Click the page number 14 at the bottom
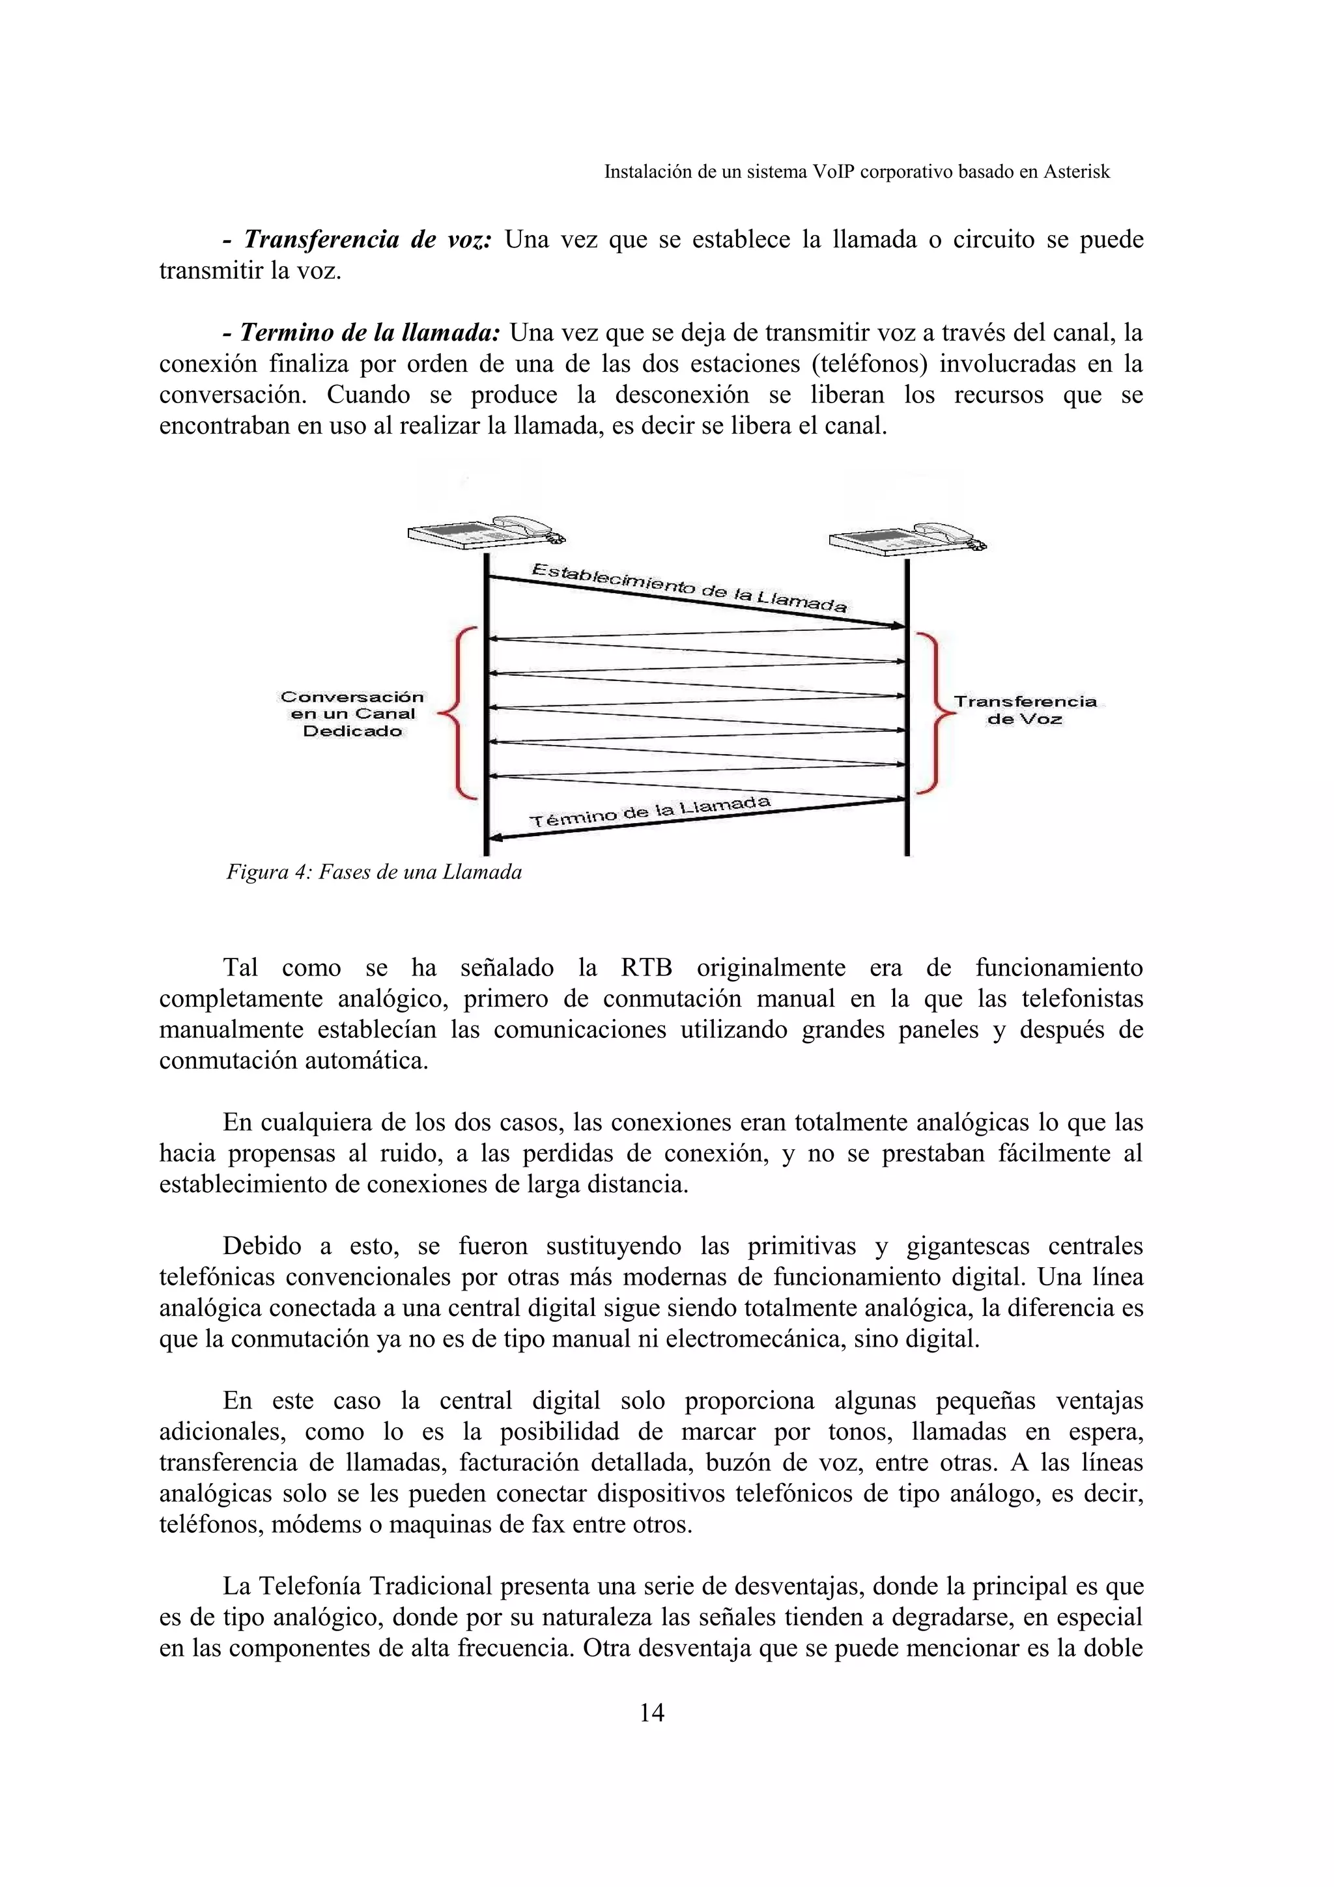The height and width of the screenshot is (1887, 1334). pos(651,1712)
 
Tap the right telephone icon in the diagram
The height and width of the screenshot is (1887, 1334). pos(907,539)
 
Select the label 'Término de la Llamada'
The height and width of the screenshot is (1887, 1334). pos(649,811)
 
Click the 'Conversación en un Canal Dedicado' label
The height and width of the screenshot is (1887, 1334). pos(352,714)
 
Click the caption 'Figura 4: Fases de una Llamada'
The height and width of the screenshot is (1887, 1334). pos(374,872)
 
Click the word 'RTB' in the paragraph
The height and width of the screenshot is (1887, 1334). pos(646,968)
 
